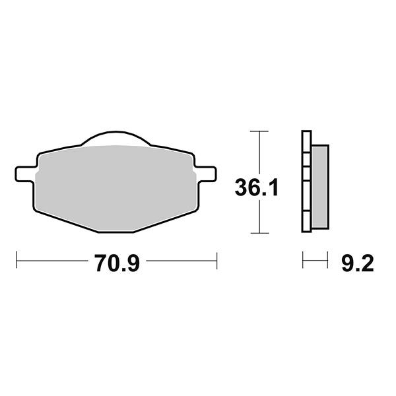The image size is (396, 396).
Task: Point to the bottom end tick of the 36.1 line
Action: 260,234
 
